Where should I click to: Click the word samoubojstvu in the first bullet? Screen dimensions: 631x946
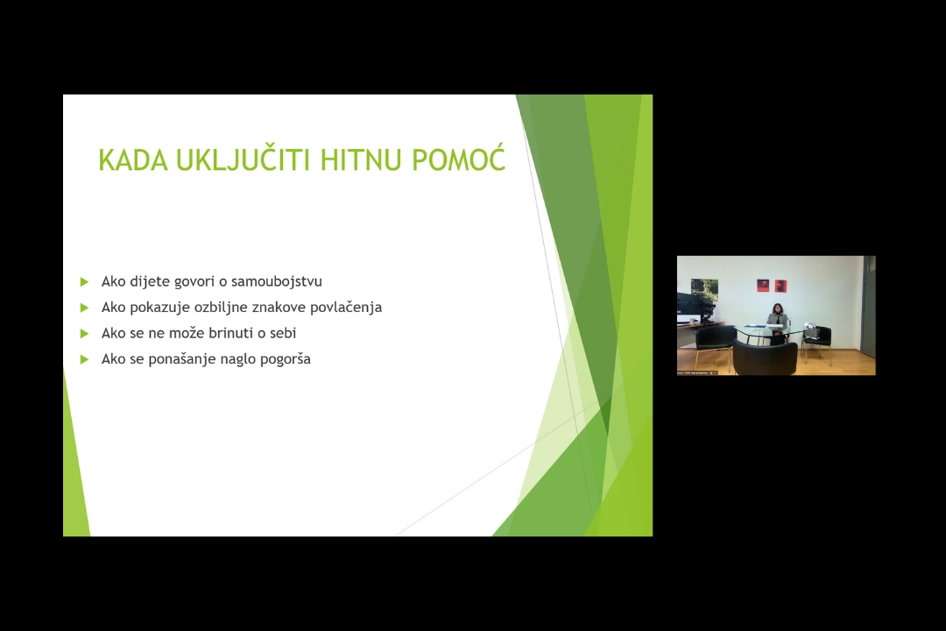pyautogui.click(x=277, y=281)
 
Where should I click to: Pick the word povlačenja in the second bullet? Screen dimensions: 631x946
pyautogui.click(x=346, y=308)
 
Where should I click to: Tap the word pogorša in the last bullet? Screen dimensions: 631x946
pyautogui.click(x=286, y=359)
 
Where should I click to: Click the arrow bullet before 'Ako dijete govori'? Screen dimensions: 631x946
pyautogui.click(x=84, y=281)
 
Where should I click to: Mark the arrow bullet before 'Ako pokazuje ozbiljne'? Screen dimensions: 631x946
pyautogui.click(x=84, y=308)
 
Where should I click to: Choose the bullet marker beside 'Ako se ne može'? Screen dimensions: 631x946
pyautogui.click(x=84, y=333)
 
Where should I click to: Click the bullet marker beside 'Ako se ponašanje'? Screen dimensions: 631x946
pyautogui.click(x=84, y=359)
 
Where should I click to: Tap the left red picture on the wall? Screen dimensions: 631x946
pyautogui.click(x=763, y=286)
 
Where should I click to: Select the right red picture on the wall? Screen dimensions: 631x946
pyautogui.click(x=780, y=286)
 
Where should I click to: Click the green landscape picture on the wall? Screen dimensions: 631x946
pyautogui.click(x=704, y=288)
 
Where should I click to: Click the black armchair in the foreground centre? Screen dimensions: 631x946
pyautogui.click(x=765, y=356)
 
